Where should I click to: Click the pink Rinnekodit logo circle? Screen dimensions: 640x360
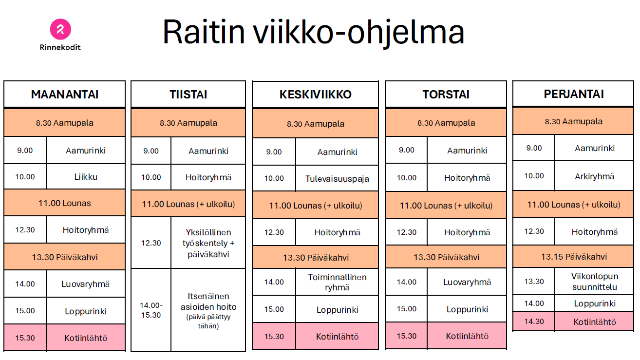point(60,29)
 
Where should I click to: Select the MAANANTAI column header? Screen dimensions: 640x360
point(65,94)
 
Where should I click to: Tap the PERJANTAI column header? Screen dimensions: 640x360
point(573,94)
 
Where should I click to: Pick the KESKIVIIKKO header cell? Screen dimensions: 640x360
point(316,95)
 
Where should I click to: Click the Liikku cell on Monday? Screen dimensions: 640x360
point(86,176)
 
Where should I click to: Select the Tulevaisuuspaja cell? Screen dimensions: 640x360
point(337,178)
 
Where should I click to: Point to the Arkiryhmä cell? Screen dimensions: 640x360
point(594,176)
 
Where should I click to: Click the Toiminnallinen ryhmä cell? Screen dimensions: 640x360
point(337,282)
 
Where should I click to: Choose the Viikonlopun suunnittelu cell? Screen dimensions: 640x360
point(594,281)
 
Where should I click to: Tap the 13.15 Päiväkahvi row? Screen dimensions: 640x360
point(573,256)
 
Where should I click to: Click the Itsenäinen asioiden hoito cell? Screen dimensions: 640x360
point(208,310)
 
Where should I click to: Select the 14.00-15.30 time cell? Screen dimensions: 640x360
point(151,310)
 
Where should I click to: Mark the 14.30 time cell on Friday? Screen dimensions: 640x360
point(534,321)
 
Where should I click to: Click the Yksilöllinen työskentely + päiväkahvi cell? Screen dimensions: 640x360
point(208,243)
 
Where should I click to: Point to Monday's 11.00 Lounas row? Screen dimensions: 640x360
point(65,203)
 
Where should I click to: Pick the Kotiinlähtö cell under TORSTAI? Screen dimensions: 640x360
point(467,336)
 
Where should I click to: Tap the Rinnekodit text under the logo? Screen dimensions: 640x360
point(60,47)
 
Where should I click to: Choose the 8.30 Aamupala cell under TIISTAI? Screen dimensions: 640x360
point(188,123)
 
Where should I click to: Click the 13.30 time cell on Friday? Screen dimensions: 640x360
point(534,281)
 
